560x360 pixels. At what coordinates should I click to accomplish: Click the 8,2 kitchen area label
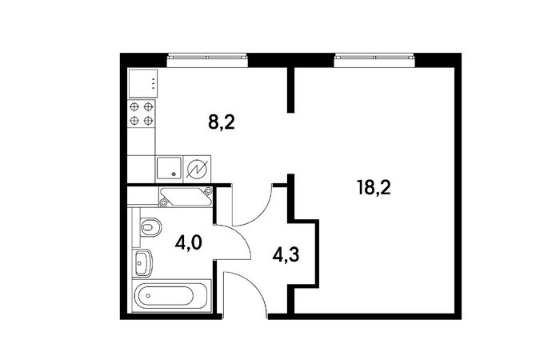(x=222, y=123)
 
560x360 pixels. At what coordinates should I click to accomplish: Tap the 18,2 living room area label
(x=374, y=188)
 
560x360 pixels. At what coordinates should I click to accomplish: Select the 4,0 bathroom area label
(x=189, y=243)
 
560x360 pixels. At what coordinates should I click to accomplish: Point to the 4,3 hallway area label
(x=286, y=255)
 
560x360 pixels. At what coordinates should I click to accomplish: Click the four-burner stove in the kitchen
(x=142, y=114)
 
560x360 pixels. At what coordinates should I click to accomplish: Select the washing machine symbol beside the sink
(x=197, y=170)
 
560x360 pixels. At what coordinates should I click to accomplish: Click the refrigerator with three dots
(x=143, y=83)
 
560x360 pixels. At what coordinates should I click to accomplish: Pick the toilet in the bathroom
(x=150, y=226)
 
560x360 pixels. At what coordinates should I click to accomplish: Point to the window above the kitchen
(x=207, y=60)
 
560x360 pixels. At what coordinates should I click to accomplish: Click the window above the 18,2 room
(x=374, y=60)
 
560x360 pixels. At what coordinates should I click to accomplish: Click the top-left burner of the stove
(x=134, y=106)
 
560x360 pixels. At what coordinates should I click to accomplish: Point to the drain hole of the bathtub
(x=148, y=296)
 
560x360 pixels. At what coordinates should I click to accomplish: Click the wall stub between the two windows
(x=290, y=90)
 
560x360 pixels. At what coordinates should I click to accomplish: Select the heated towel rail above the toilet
(x=186, y=197)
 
